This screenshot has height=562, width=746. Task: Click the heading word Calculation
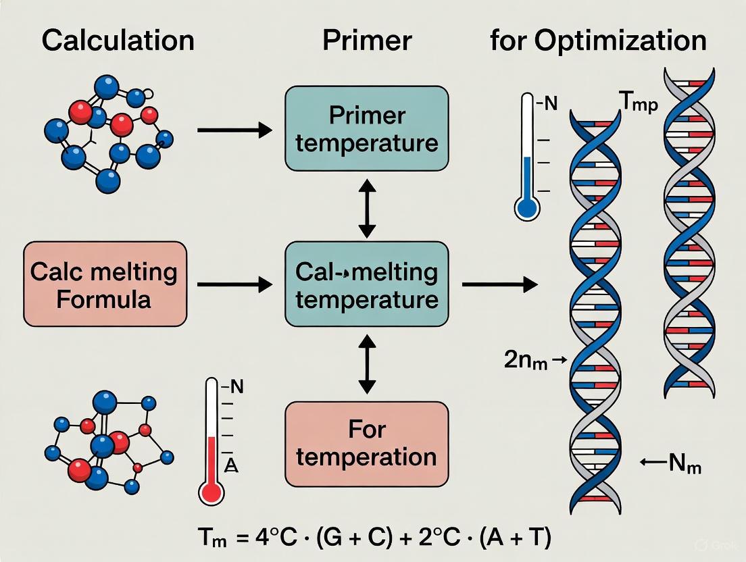click(118, 40)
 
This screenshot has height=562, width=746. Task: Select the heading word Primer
click(366, 40)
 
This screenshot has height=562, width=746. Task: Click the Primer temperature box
click(367, 129)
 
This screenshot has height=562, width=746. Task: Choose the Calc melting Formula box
click(104, 284)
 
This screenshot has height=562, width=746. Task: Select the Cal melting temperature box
click(367, 284)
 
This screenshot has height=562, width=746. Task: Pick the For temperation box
click(367, 444)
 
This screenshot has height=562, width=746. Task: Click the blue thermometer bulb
click(527, 208)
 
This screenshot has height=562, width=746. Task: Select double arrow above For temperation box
click(366, 365)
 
